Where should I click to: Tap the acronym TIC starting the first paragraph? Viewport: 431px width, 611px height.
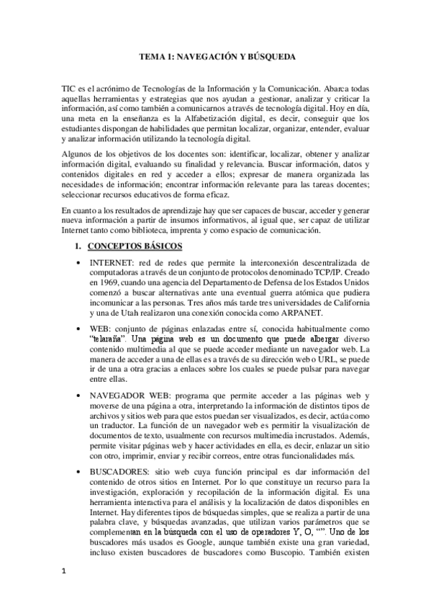coord(71,86)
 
